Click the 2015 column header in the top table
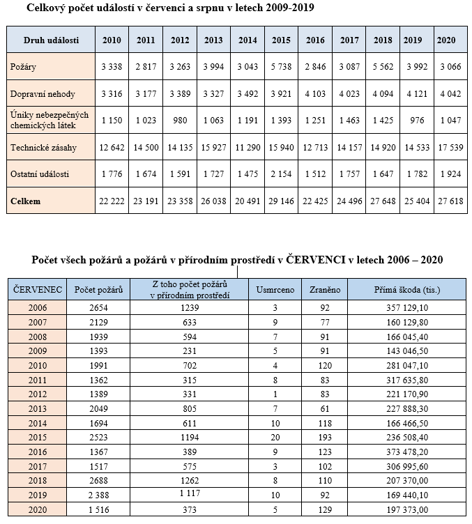pyautogui.click(x=281, y=40)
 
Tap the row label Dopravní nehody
pyautogui.click(x=43, y=93)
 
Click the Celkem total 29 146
pyautogui.click(x=281, y=201)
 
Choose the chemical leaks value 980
pyautogui.click(x=179, y=120)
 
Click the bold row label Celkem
pyautogui.click(x=26, y=201)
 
